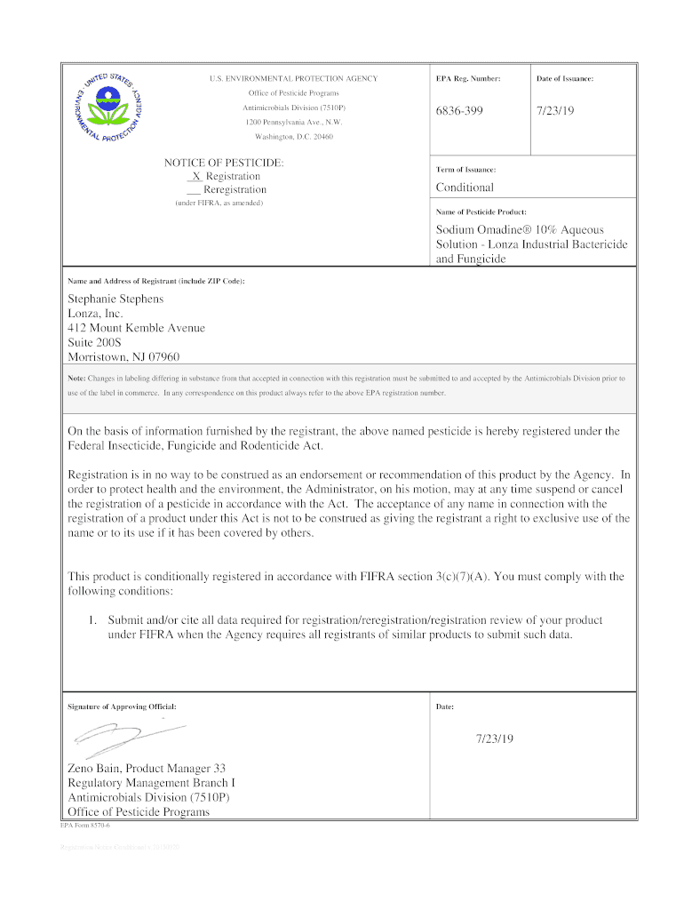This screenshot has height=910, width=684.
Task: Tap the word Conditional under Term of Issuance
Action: [465, 188]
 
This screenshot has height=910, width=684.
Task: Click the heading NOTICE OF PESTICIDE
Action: [224, 163]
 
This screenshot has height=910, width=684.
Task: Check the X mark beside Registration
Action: [195, 176]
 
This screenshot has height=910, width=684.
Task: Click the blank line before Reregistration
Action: [193, 190]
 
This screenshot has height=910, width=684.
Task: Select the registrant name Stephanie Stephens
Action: [115, 299]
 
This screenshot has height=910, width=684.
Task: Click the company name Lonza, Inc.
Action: [95, 314]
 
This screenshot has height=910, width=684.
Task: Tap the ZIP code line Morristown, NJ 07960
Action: [123, 356]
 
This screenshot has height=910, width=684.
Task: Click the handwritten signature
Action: [124, 734]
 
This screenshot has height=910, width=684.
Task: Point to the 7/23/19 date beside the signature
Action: [496, 738]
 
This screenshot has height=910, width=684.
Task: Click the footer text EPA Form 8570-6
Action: [84, 826]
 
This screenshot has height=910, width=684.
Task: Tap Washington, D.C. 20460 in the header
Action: [294, 136]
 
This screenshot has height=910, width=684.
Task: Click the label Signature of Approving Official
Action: [123, 706]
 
